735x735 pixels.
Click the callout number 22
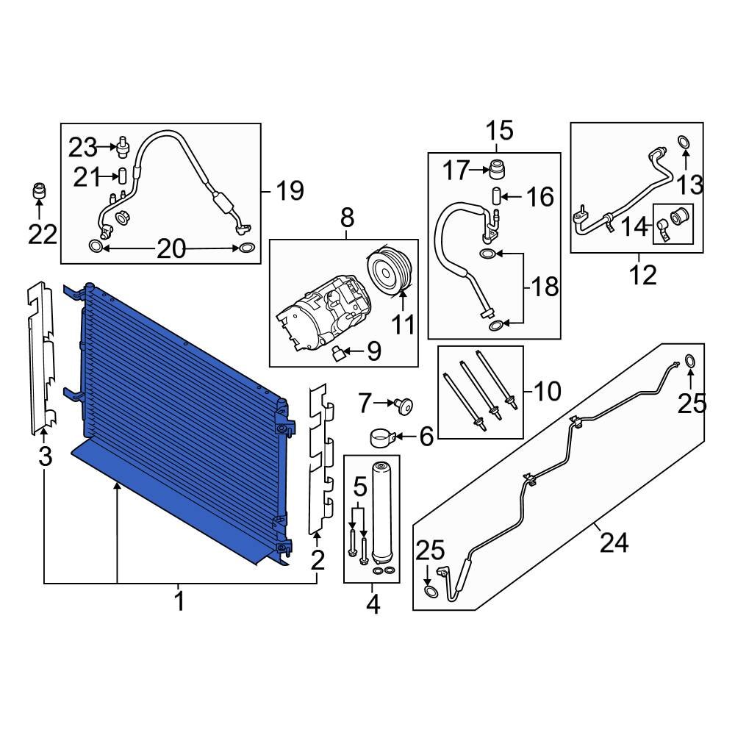(x=42, y=234)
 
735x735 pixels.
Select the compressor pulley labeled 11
(x=390, y=273)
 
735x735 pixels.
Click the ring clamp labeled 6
(x=381, y=437)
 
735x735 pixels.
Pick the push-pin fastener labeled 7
(x=402, y=404)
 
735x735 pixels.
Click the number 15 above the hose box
(x=498, y=132)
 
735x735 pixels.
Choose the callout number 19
(x=289, y=192)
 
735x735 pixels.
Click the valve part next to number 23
(x=122, y=147)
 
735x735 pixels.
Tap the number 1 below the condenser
(x=179, y=603)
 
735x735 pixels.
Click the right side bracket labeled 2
(x=320, y=463)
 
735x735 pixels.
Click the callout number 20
(x=171, y=250)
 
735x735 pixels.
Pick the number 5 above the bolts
(x=359, y=486)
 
